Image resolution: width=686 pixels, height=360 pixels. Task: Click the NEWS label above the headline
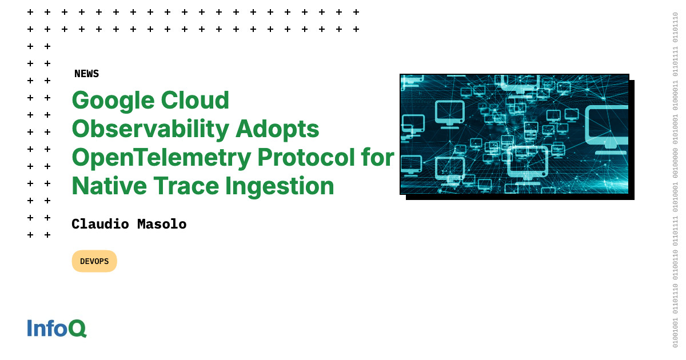click(86, 74)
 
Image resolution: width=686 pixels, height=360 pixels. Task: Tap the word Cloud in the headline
click(194, 101)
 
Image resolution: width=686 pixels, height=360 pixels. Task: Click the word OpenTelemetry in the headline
click(161, 158)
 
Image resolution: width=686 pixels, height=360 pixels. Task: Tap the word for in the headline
click(378, 158)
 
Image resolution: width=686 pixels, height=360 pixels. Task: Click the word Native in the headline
click(106, 186)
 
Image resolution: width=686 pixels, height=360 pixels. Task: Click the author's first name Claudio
click(101, 225)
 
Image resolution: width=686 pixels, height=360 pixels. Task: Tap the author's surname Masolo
click(162, 225)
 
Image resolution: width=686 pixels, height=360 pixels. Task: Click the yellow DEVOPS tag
click(94, 261)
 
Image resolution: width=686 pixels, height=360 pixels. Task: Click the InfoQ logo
click(57, 328)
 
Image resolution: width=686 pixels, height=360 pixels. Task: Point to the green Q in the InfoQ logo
click(77, 328)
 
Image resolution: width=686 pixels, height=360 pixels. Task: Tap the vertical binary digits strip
click(675, 180)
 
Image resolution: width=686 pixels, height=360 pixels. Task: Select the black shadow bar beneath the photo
click(520, 197)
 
